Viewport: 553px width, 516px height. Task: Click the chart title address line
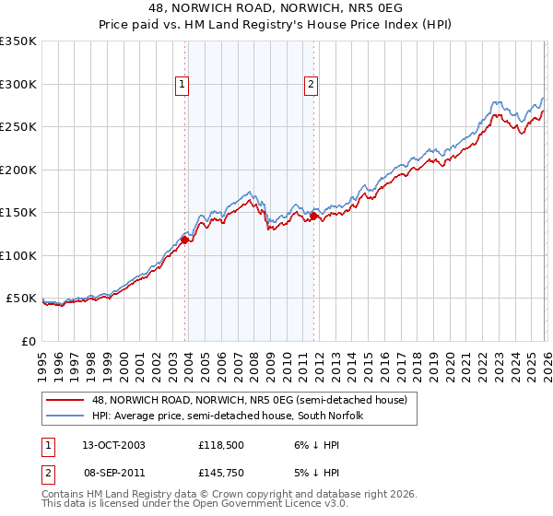click(276, 8)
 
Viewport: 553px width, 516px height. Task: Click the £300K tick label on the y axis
click(18, 84)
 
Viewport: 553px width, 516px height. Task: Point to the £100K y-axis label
click(18, 255)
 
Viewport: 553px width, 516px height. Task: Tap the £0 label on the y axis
click(28, 341)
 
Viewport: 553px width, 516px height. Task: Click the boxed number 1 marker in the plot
click(182, 85)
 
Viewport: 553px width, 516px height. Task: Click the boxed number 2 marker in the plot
click(311, 85)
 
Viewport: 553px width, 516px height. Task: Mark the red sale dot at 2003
click(185, 240)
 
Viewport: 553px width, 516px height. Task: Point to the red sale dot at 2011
click(313, 217)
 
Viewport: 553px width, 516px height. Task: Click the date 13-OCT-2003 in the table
click(113, 444)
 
